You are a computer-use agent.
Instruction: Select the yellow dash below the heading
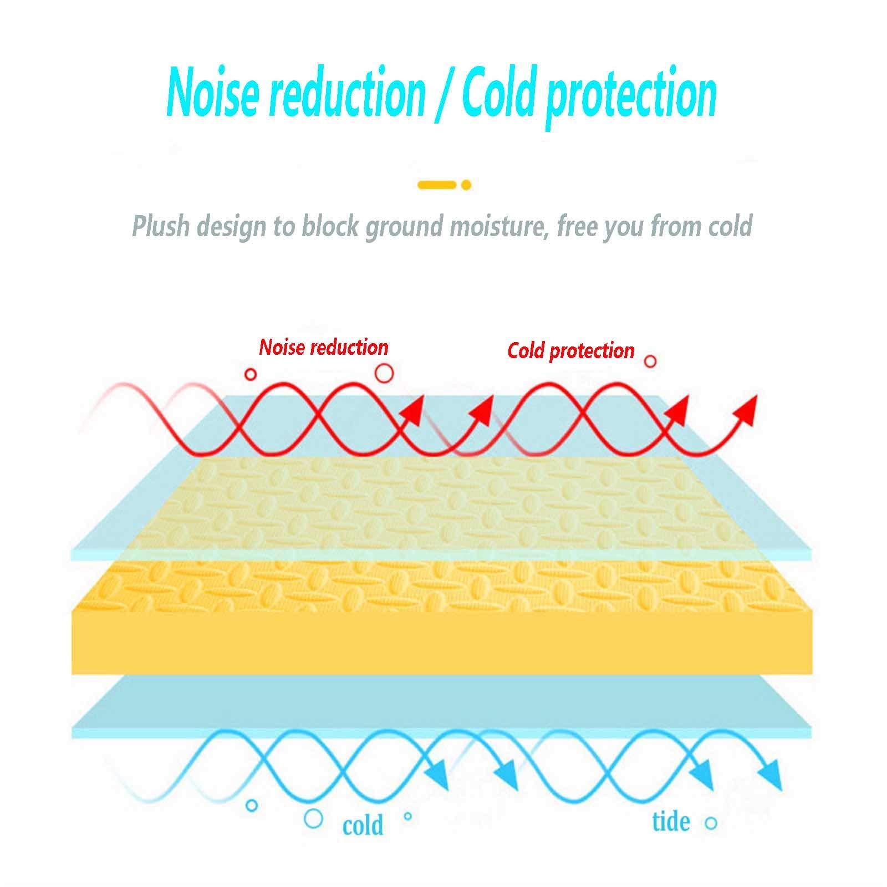coord(437,185)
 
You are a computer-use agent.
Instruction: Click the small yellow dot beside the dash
coord(466,185)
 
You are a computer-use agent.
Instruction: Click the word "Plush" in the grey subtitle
coord(161,227)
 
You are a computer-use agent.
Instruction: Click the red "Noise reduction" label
coord(324,348)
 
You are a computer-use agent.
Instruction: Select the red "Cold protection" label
coord(570,350)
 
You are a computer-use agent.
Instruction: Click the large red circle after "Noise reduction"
coord(384,373)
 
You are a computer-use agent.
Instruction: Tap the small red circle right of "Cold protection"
coord(650,361)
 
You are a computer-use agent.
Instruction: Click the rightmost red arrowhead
coord(748,407)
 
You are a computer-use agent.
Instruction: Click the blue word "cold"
coord(363,825)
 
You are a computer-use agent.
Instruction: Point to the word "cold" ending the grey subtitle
coord(728,227)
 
